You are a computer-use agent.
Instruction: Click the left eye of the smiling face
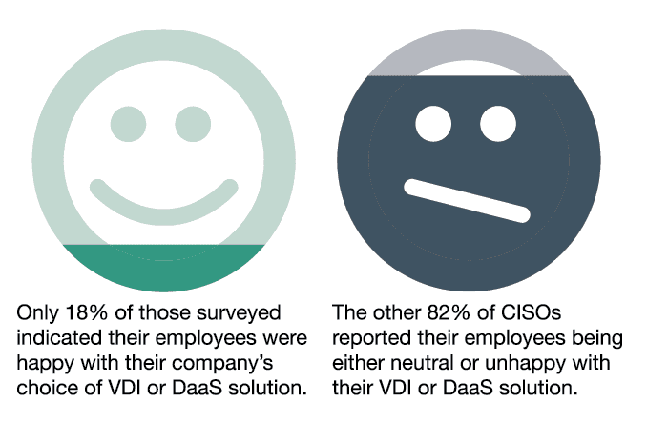pyautogui.click(x=128, y=124)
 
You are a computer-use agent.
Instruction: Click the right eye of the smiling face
pyautogui.click(x=193, y=124)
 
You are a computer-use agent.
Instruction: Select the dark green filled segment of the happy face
pyautogui.click(x=164, y=268)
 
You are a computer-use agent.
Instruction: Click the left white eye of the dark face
pyautogui.click(x=433, y=124)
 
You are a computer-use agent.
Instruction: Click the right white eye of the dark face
pyautogui.click(x=498, y=124)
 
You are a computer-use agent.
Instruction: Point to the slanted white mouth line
pyautogui.click(x=467, y=200)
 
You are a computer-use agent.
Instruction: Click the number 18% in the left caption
pyautogui.click(x=87, y=312)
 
